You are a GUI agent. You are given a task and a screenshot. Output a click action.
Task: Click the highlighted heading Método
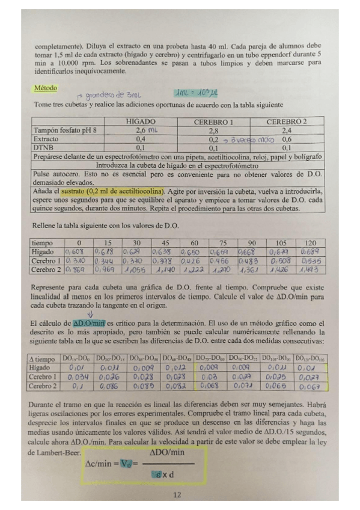45,88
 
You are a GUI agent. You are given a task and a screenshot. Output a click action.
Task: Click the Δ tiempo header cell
44,358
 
